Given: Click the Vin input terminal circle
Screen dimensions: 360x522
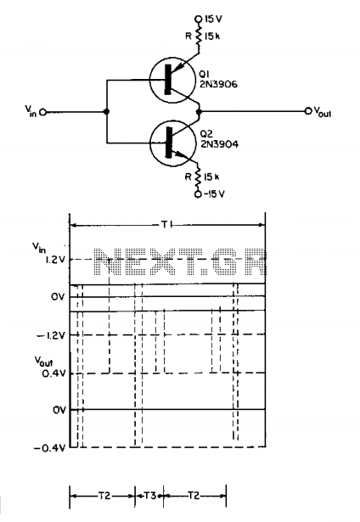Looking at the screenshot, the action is coord(42,112).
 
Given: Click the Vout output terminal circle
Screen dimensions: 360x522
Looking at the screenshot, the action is coord(308,111).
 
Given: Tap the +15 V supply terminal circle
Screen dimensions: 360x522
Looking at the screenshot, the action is coord(199,19).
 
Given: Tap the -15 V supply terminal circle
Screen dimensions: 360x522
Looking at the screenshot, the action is coord(198,194).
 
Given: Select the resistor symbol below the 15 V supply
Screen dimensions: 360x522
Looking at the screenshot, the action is coord(199,36).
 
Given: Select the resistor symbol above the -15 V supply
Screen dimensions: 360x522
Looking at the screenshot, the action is coord(199,177).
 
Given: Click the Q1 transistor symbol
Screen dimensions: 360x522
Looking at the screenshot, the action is coord(172,80).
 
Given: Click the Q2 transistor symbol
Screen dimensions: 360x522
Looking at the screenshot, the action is coord(172,143).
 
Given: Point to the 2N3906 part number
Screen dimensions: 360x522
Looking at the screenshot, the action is coord(218,85).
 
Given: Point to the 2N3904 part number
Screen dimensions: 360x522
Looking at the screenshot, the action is coord(219,144).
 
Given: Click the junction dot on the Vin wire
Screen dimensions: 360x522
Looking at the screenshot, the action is coord(107,112).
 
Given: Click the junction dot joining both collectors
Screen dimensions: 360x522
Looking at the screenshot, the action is coord(200,112).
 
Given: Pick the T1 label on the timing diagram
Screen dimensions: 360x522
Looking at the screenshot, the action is coord(166,225).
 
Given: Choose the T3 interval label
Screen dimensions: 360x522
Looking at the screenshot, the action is coord(149,496).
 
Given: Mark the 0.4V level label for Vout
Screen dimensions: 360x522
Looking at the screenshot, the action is coord(53,373).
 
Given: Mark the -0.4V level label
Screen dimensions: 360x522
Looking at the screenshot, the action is coord(50,448).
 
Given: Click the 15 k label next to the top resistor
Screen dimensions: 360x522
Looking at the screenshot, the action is coord(211,36).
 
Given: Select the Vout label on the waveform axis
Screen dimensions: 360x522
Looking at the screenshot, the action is coord(43,362).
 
